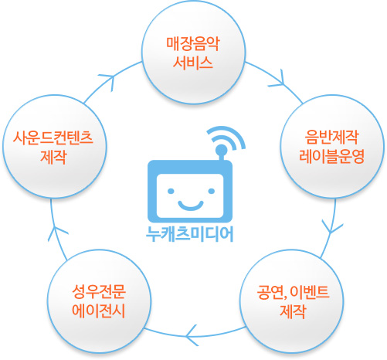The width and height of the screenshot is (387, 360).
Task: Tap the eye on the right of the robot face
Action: tap(210, 185)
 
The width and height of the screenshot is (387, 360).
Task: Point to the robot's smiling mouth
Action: tap(191, 203)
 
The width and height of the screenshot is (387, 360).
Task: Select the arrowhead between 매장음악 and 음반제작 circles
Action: tap(283, 78)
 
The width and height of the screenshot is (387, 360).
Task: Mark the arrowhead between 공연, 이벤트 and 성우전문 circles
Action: tap(190, 335)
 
